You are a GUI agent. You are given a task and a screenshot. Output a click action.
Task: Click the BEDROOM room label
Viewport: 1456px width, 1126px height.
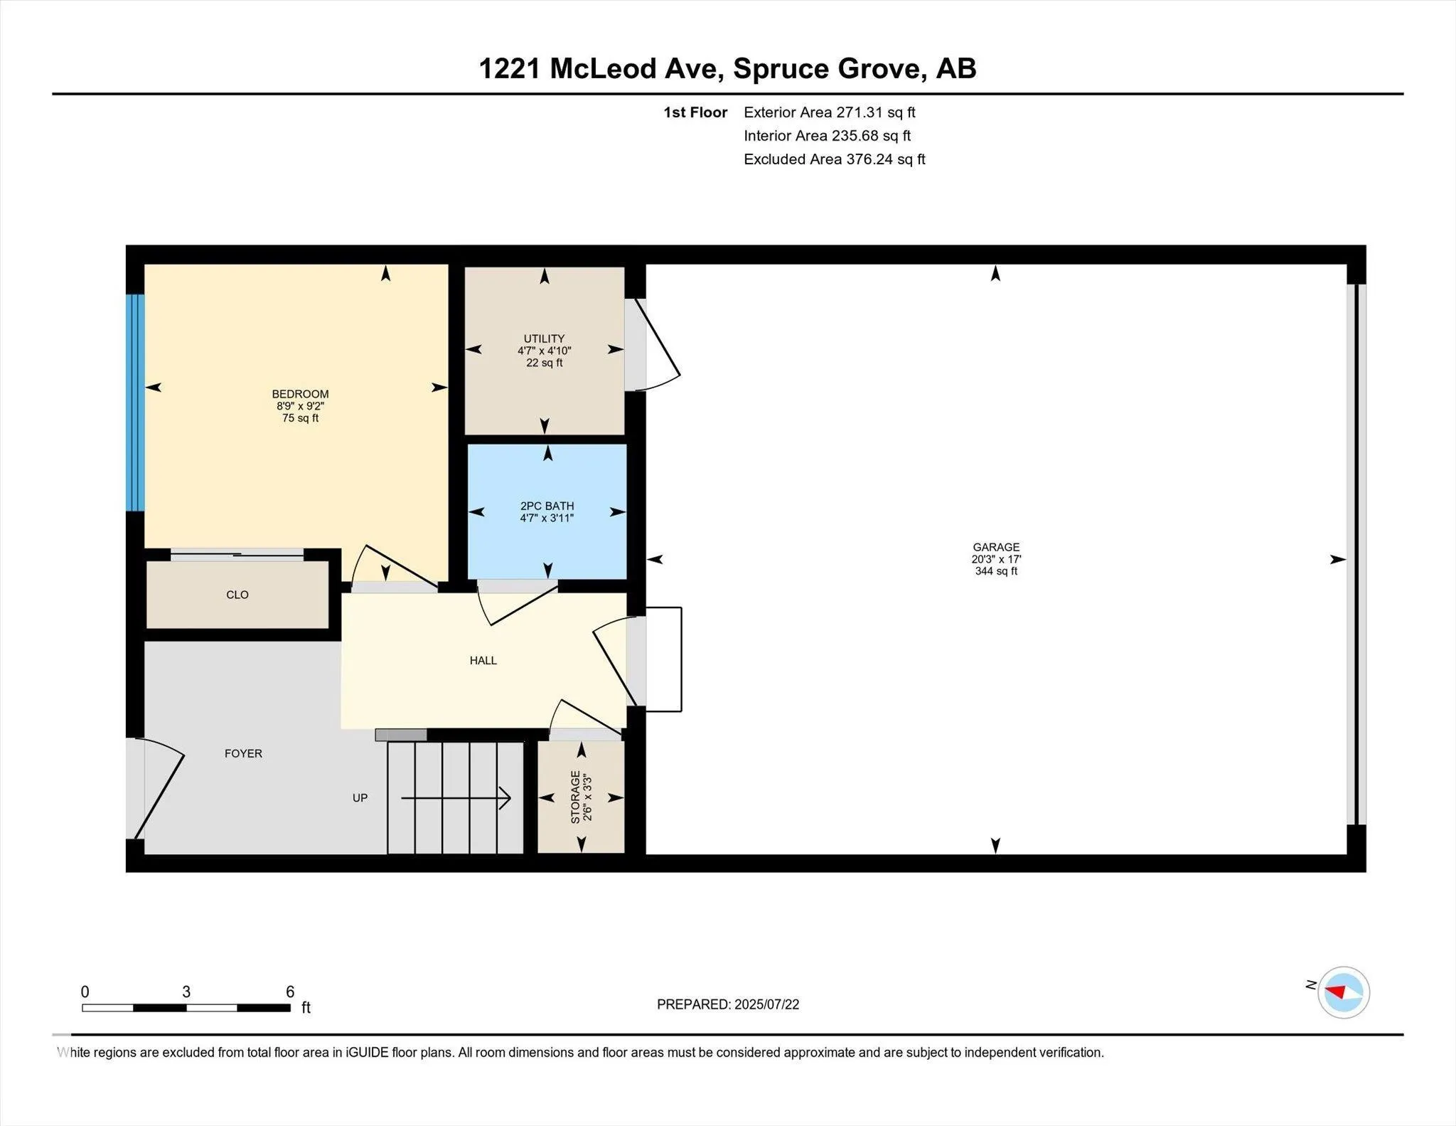click(x=300, y=394)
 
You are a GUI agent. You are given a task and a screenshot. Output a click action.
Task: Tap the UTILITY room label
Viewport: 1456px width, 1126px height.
click(x=544, y=339)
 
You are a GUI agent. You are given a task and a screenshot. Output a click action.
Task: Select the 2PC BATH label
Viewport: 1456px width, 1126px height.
click(x=547, y=506)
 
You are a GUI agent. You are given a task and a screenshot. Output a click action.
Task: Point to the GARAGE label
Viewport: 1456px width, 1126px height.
click(x=996, y=547)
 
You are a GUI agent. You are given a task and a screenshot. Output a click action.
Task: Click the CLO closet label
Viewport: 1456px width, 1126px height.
click(x=237, y=595)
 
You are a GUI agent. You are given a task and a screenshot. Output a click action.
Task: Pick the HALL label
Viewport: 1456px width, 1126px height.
click(x=483, y=661)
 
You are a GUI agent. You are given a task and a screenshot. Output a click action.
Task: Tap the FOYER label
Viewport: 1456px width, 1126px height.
click(x=243, y=753)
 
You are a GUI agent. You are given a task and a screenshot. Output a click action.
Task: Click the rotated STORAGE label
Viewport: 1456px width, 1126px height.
click(x=576, y=797)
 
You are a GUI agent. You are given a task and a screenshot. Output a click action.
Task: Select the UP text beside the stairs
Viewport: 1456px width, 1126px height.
click(x=360, y=798)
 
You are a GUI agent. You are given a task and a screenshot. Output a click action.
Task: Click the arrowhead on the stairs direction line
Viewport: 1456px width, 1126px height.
click(x=505, y=798)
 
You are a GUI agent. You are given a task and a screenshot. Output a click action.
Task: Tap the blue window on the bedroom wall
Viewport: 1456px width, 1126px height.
click(x=135, y=403)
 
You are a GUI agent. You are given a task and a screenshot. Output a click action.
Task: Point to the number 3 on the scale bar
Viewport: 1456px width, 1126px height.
click(x=186, y=992)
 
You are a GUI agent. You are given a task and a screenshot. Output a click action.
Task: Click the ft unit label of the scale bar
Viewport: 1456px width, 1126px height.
click(x=306, y=1007)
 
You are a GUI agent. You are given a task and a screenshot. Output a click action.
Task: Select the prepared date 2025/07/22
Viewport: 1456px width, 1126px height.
click(x=767, y=1004)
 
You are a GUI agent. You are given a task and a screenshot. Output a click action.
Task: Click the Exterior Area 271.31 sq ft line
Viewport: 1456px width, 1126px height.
click(x=830, y=112)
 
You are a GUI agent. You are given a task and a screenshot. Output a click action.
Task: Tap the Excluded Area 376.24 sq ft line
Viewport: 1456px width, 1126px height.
click(x=835, y=159)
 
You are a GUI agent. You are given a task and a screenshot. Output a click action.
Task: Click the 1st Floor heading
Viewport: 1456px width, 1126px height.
click(x=695, y=112)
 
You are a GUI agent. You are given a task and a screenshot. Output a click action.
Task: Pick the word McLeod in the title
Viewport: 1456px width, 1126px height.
click(x=604, y=69)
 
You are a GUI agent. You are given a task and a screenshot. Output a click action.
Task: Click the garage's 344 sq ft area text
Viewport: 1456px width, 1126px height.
click(x=996, y=571)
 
